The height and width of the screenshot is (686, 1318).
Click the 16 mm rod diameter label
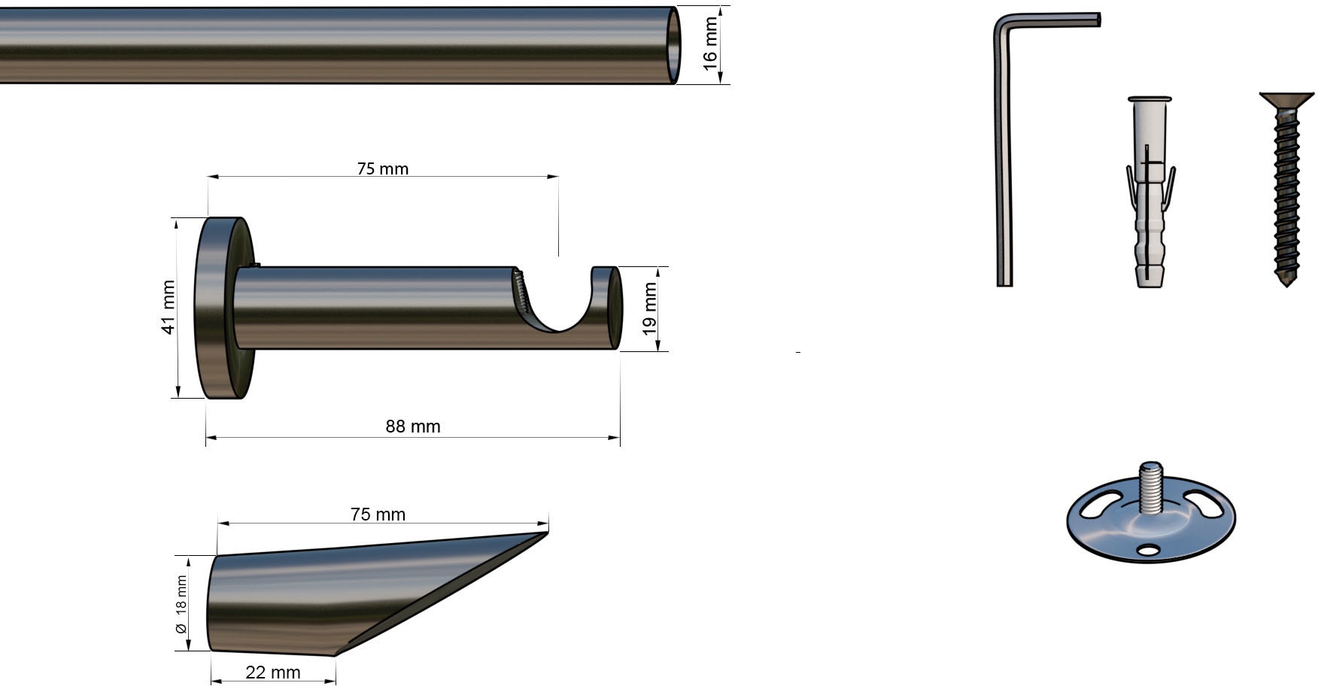point(710,44)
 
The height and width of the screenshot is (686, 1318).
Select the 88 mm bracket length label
point(413,426)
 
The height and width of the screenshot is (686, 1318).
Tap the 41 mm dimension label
point(168,308)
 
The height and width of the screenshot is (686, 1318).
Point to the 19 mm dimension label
point(649,309)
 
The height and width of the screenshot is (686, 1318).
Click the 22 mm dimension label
point(272,672)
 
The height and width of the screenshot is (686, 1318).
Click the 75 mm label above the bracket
point(383,168)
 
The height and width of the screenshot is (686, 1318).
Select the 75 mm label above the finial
point(378,514)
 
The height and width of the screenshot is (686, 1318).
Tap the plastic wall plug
point(1150,192)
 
